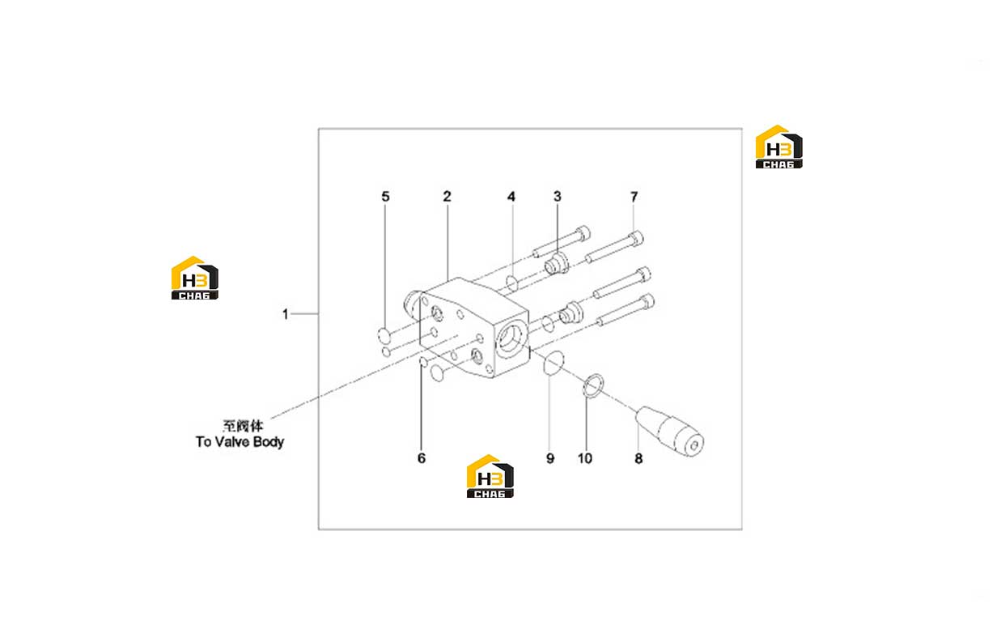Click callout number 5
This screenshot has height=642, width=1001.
[385, 196]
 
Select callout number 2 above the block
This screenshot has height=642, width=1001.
[447, 196]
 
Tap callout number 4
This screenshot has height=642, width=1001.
[511, 197]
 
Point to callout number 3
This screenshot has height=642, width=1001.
[557, 196]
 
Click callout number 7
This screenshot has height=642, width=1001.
[634, 197]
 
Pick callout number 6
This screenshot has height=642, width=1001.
[422, 457]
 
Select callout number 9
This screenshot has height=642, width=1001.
[550, 458]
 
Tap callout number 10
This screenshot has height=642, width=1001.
[584, 458]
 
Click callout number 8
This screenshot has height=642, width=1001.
[638, 458]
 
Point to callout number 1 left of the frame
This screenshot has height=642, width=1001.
[285, 314]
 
